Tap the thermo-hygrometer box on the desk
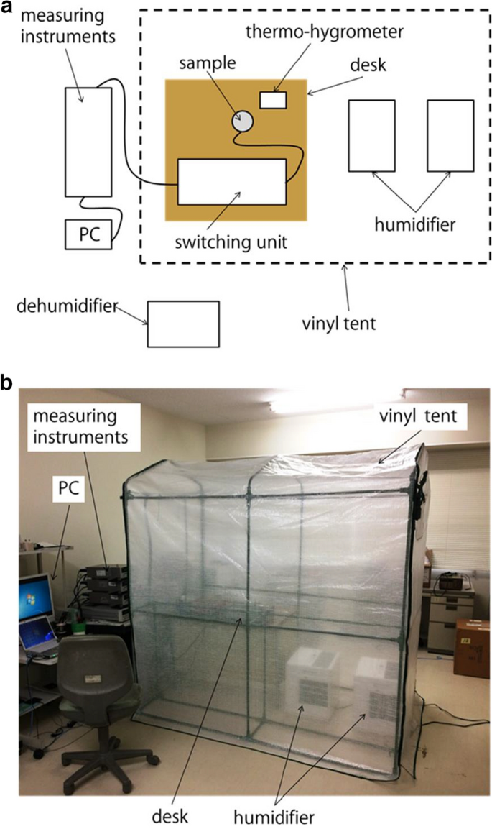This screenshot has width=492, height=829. click(x=273, y=99)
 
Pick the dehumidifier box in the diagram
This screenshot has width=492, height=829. click(x=183, y=324)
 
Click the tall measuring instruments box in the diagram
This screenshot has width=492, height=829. click(x=88, y=142)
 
